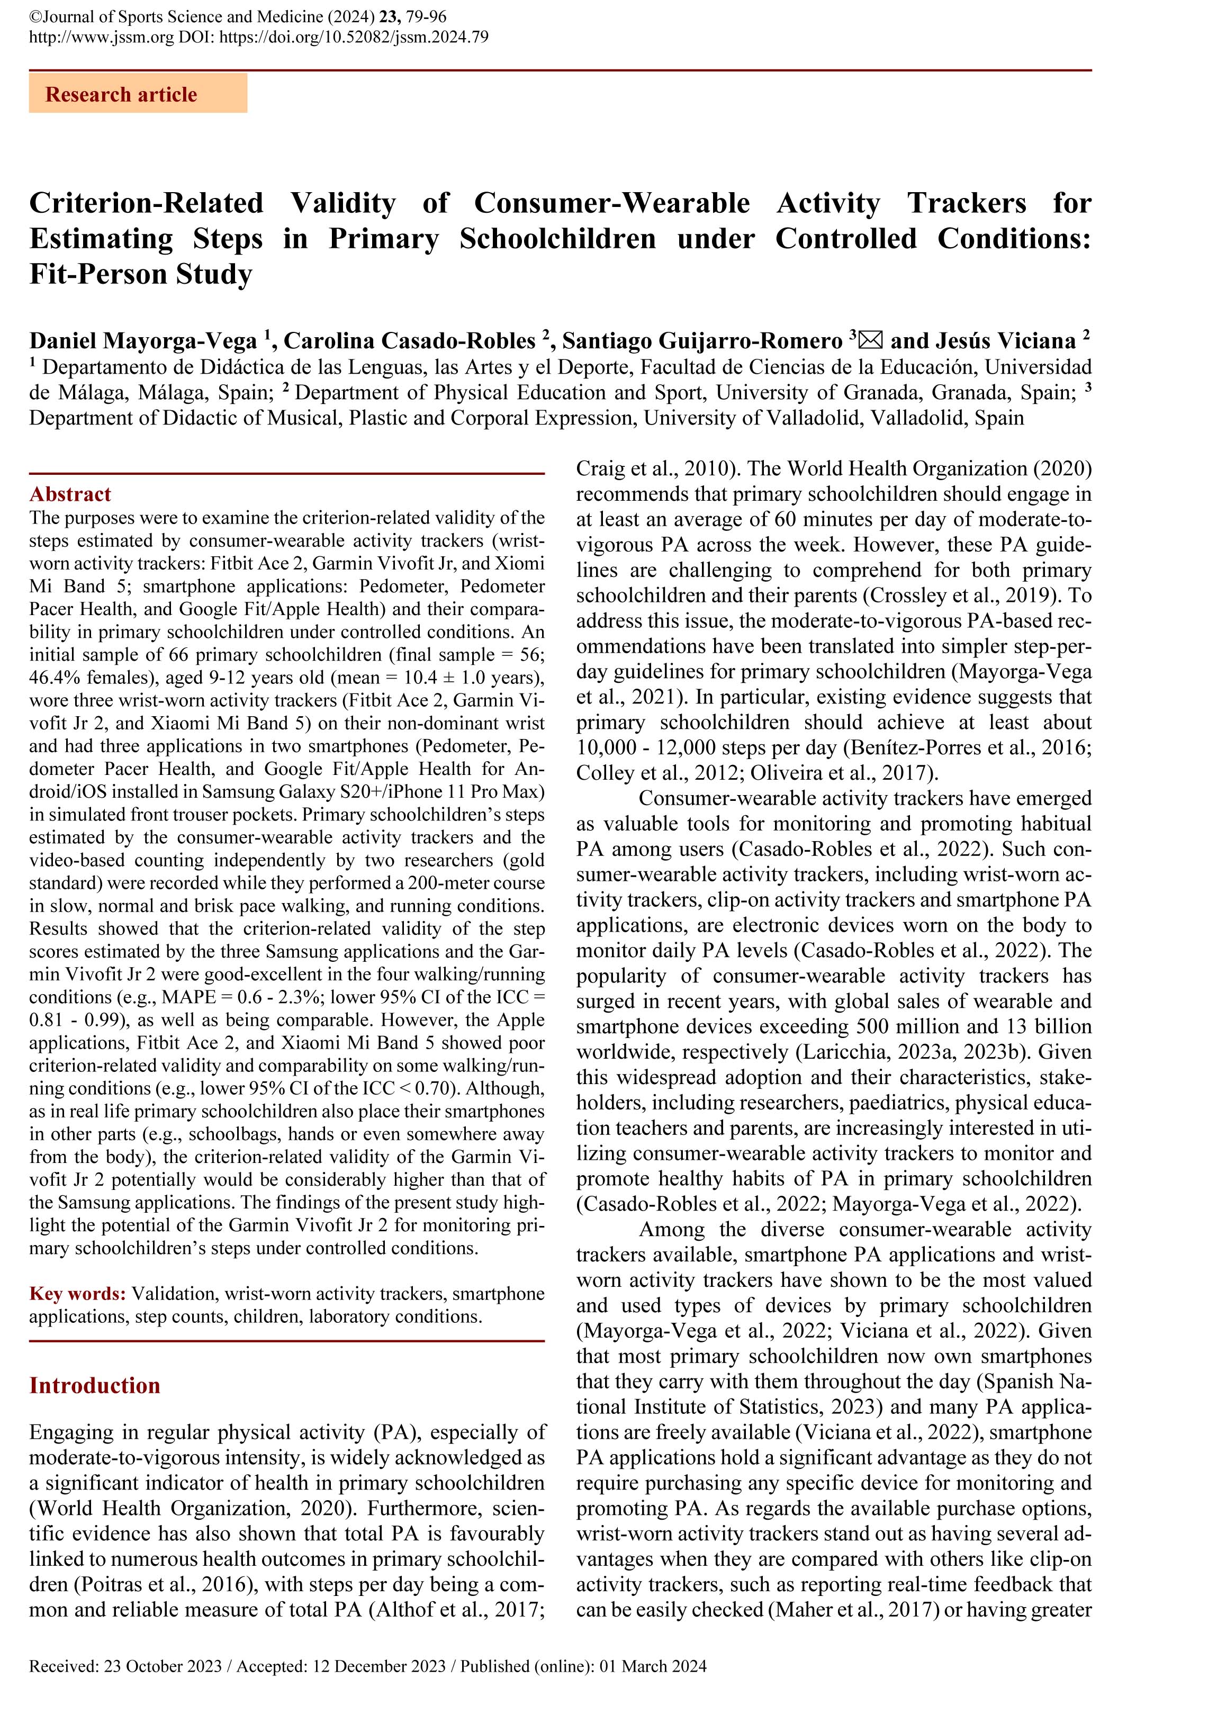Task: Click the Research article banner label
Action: coord(121,95)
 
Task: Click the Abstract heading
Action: coord(70,494)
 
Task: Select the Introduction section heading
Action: coord(94,1385)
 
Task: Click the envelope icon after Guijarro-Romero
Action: coord(870,341)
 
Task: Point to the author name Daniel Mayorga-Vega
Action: coord(143,341)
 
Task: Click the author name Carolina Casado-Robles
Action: coord(410,341)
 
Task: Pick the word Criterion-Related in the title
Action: coord(146,203)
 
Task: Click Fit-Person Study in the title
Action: coord(140,275)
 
